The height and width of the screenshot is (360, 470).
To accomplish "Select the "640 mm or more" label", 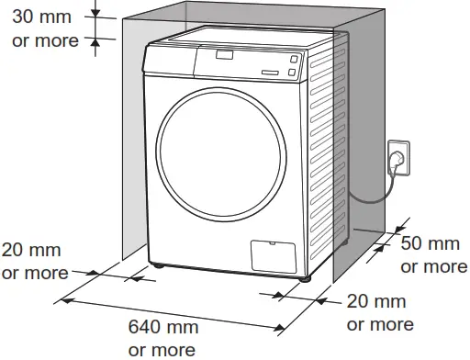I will click(162, 337).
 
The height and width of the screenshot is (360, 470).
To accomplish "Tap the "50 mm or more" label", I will click(433, 255).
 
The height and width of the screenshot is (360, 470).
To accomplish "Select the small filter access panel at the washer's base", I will click(272, 254).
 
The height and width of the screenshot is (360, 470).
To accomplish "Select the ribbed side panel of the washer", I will click(327, 156).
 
